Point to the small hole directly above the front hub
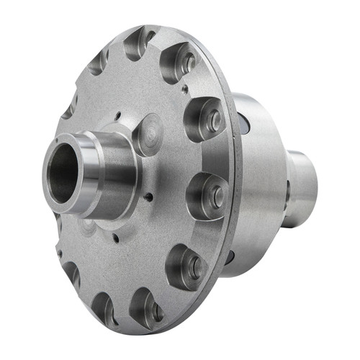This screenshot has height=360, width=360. pos(117,115)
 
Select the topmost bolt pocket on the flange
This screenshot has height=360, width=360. pos(139,42)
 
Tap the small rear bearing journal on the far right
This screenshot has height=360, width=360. pos(303,189)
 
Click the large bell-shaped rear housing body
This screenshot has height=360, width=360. pos(259,187)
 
